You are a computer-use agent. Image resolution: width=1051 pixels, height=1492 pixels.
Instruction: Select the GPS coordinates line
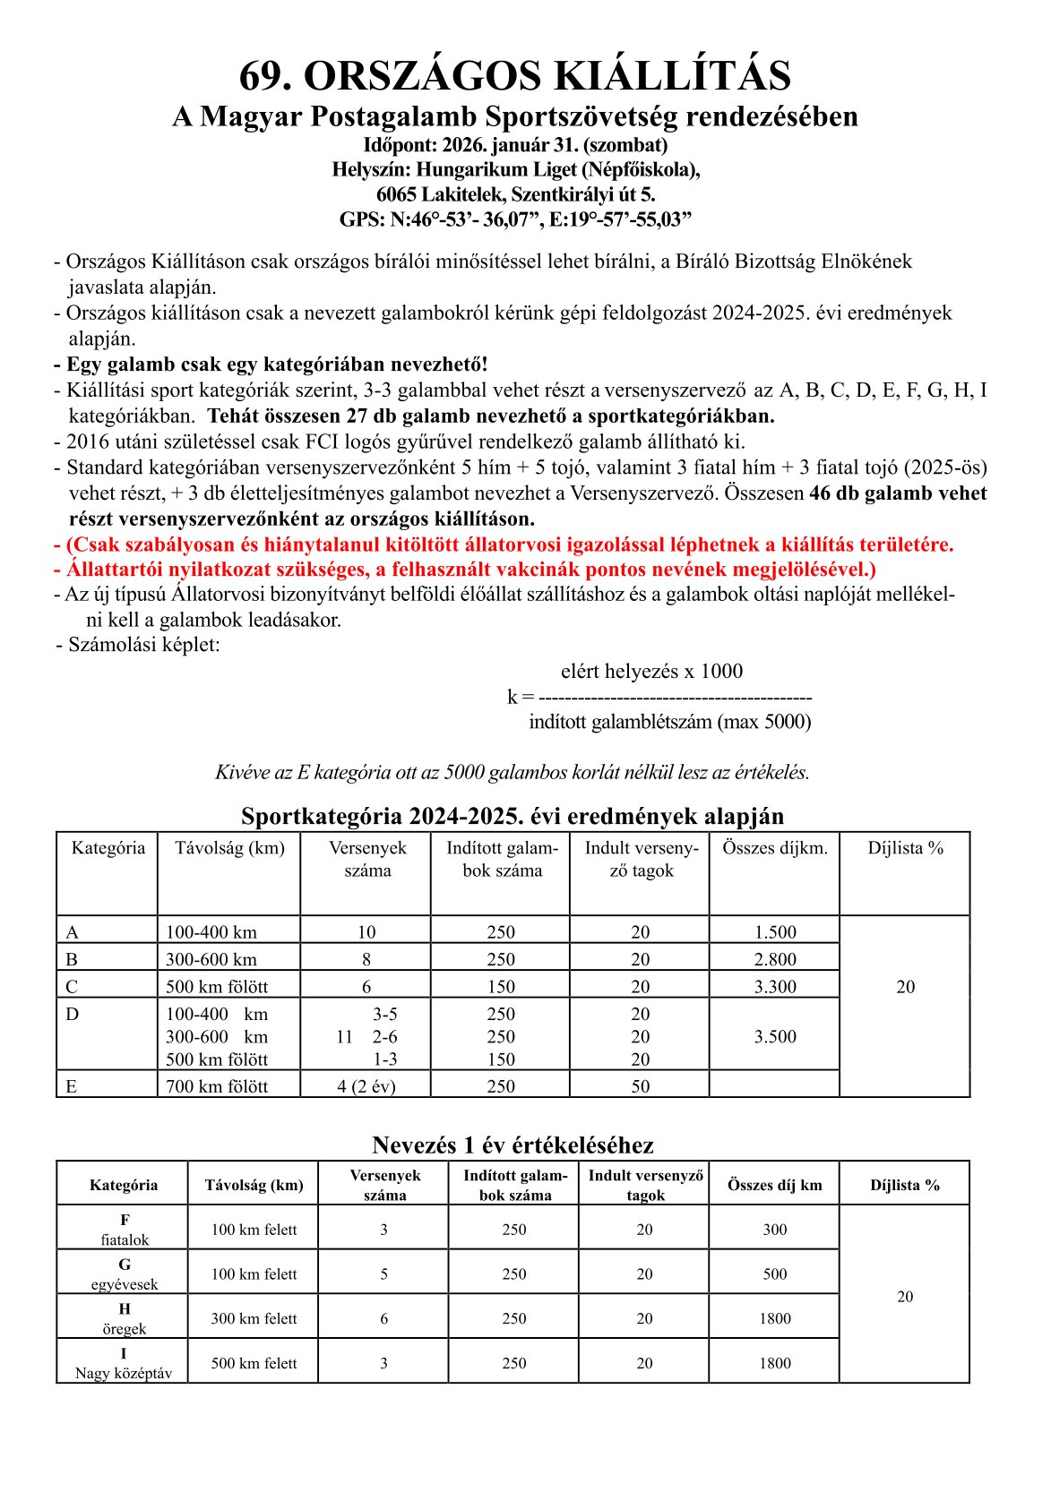(x=514, y=220)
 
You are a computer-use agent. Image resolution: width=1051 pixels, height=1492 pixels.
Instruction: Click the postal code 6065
(x=397, y=194)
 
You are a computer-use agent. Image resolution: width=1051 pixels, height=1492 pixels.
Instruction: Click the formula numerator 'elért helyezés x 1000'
(x=651, y=672)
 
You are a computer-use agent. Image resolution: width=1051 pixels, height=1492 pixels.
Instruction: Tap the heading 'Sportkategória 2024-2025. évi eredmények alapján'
(x=513, y=816)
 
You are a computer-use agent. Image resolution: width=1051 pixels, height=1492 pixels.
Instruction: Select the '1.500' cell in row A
(x=775, y=932)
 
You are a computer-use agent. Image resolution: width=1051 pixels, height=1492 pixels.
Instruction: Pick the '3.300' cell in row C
(x=775, y=987)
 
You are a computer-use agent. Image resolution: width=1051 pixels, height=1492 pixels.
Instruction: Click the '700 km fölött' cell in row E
(x=217, y=1086)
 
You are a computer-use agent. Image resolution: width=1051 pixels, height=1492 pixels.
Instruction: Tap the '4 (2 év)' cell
(x=366, y=1086)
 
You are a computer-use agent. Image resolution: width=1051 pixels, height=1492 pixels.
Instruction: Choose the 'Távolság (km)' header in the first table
(x=229, y=848)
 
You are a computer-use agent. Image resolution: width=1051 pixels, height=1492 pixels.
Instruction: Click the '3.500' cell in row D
(x=775, y=1037)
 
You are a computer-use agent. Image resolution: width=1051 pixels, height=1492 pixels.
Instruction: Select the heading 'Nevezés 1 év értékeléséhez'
(x=513, y=1145)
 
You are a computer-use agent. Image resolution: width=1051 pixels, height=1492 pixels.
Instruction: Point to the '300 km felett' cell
(x=254, y=1318)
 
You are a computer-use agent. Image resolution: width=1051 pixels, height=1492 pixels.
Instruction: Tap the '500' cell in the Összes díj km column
(x=775, y=1274)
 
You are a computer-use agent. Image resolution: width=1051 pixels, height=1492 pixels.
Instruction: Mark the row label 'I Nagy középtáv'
(x=124, y=1363)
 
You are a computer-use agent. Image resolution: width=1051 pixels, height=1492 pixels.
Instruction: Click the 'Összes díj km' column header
(x=775, y=1185)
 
